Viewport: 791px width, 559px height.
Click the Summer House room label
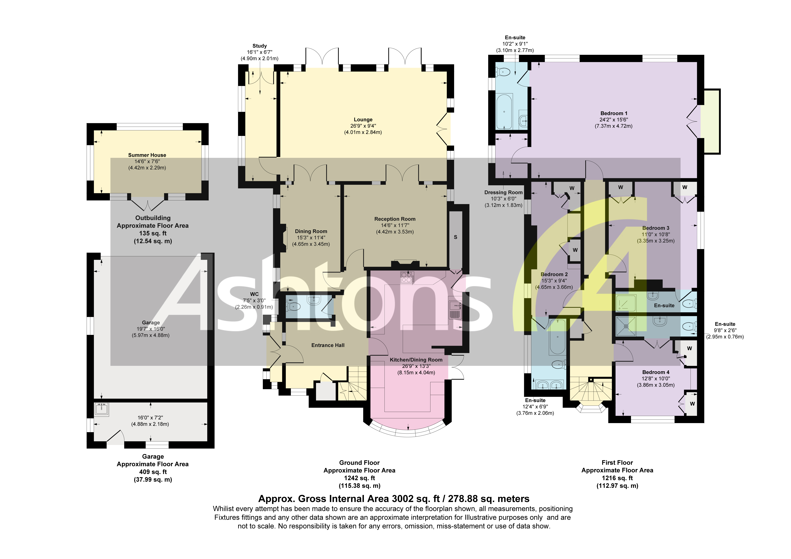(147, 155)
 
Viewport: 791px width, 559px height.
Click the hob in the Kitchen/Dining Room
(407, 277)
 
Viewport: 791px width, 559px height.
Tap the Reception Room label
(395, 219)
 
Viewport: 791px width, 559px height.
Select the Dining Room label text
(311, 231)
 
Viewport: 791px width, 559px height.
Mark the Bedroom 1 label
(614, 113)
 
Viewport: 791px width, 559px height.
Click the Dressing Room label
(503, 192)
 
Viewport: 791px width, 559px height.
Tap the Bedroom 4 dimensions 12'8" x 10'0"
(656, 378)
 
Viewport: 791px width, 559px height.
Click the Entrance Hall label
(328, 345)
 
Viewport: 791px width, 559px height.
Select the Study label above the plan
(259, 46)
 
